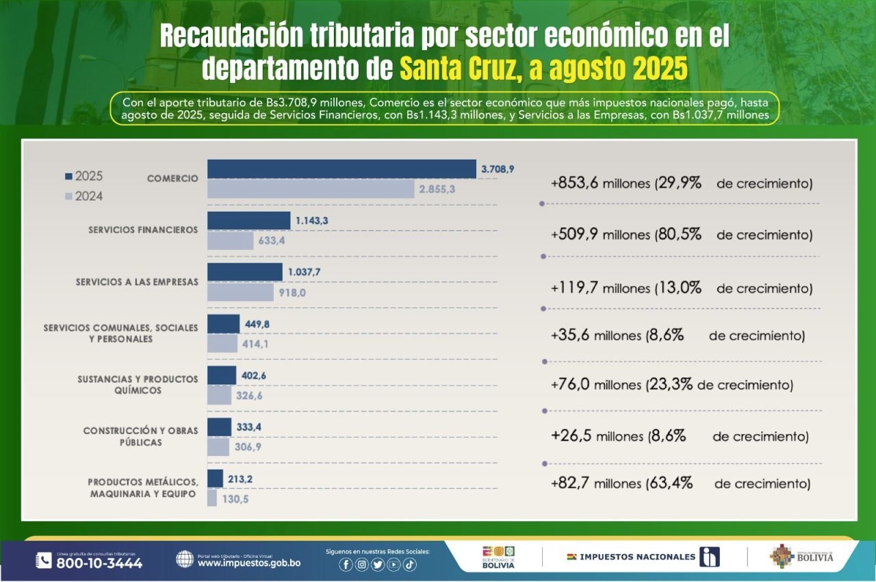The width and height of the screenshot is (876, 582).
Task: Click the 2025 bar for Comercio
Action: (x=342, y=168)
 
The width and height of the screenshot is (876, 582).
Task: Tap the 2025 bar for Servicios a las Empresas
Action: (x=244, y=272)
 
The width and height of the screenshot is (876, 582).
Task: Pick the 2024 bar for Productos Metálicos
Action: (x=212, y=498)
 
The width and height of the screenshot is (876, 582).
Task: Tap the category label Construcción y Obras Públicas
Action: (x=141, y=437)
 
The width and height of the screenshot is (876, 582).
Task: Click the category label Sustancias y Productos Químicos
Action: (x=138, y=385)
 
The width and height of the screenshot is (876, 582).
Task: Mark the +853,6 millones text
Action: (x=600, y=184)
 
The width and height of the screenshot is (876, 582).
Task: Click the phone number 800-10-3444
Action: (x=99, y=564)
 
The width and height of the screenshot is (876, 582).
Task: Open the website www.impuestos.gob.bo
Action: (x=248, y=564)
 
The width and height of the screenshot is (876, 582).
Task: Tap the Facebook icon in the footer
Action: (x=346, y=565)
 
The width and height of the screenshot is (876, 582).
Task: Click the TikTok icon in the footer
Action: (x=409, y=565)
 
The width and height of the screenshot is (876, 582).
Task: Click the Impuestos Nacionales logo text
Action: (x=637, y=557)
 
